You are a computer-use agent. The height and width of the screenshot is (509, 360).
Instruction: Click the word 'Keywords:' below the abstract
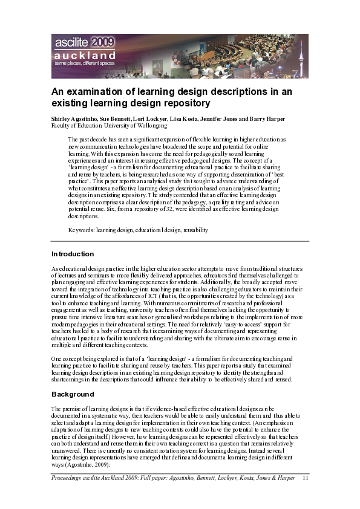click(82, 230)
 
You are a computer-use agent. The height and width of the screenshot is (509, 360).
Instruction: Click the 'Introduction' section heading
click(73, 254)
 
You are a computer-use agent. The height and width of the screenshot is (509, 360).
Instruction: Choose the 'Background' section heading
click(73, 394)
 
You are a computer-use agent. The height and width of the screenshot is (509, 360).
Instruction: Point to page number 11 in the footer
click(305, 478)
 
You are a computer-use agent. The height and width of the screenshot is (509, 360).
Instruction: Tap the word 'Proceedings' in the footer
click(68, 478)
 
